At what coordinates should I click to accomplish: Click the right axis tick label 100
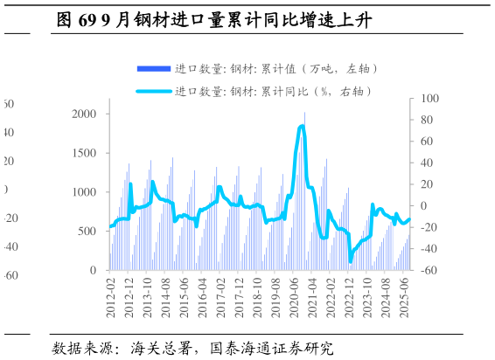[x=427, y=99]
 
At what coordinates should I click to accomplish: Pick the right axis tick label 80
[x=424, y=120]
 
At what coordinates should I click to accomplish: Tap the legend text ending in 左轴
[x=276, y=68]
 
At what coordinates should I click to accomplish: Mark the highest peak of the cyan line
[x=302, y=127]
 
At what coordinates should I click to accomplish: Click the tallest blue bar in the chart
[x=304, y=112]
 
